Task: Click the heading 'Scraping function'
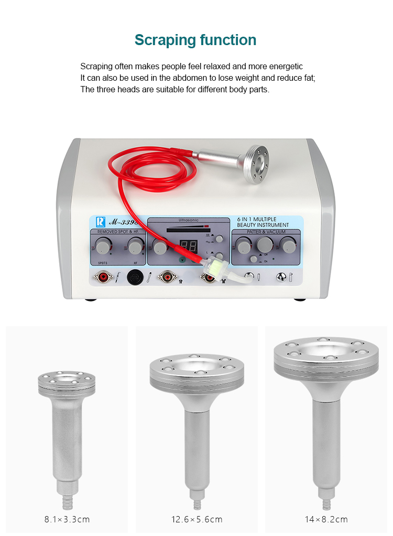point(195,40)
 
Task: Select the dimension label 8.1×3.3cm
point(67,520)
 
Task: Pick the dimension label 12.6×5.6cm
point(197,520)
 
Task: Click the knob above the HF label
point(136,245)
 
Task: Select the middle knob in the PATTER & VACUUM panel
point(265,244)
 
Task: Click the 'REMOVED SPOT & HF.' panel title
point(117,231)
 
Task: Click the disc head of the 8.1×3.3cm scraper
point(67,381)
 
